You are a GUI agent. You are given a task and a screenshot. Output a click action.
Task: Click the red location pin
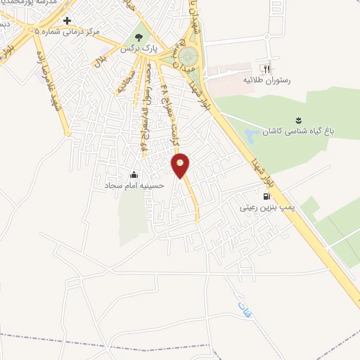[x=181, y=165]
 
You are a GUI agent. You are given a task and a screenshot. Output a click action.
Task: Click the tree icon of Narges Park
[x=138, y=37]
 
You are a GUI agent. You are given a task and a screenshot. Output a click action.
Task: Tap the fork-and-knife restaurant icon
[x=266, y=68]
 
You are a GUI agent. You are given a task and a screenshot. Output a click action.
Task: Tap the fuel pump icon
[x=267, y=196]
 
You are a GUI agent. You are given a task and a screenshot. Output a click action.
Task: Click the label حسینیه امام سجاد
[x=134, y=186]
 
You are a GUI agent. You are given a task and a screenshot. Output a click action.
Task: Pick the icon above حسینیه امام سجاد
[x=134, y=174]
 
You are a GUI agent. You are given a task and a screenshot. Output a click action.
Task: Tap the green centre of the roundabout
[x=187, y=56]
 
